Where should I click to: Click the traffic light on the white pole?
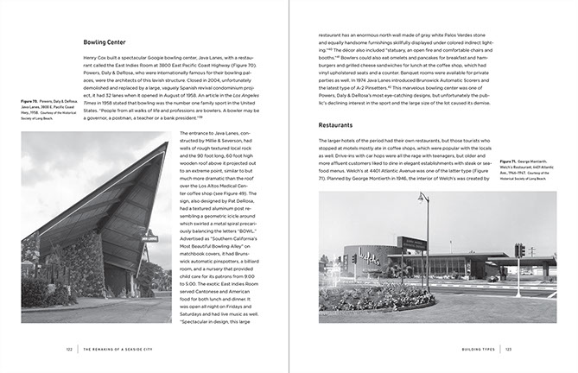point(521,250)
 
